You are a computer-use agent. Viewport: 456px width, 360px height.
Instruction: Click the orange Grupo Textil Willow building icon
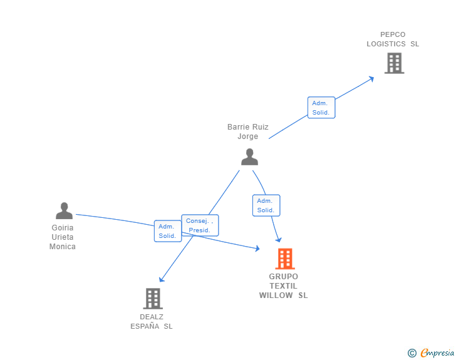[285, 259]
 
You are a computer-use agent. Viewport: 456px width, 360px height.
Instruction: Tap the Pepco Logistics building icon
[395, 63]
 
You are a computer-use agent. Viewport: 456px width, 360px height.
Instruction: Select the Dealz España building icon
[153, 299]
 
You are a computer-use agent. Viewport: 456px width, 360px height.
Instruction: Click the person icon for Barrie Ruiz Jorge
[249, 157]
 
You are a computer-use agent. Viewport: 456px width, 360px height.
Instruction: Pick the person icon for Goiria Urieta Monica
[65, 210]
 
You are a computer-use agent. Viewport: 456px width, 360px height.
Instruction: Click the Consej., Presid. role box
[200, 225]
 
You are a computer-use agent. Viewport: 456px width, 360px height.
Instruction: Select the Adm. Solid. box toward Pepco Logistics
[321, 108]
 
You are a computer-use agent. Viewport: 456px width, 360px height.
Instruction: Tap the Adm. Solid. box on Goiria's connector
[168, 231]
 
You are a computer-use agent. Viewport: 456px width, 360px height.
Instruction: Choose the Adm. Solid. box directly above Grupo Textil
[266, 205]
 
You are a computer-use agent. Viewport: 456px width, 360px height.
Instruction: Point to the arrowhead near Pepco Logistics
[371, 79]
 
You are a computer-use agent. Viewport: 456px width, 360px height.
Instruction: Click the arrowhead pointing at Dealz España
[162, 279]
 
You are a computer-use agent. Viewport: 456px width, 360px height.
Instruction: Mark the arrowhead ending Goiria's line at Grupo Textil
[257, 249]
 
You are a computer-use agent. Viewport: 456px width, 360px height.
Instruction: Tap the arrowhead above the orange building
[279, 240]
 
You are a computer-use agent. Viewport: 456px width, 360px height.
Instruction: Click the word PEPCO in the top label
[393, 34]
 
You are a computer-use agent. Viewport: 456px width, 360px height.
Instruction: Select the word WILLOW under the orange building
[276, 296]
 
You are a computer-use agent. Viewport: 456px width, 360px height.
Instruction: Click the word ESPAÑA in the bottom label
[145, 326]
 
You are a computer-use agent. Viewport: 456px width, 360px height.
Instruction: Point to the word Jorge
[248, 136]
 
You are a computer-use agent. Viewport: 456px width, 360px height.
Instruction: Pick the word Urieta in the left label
[63, 237]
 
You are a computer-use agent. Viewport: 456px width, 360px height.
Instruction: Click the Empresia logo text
[437, 352]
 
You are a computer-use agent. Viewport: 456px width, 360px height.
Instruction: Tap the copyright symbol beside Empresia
[412, 353]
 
